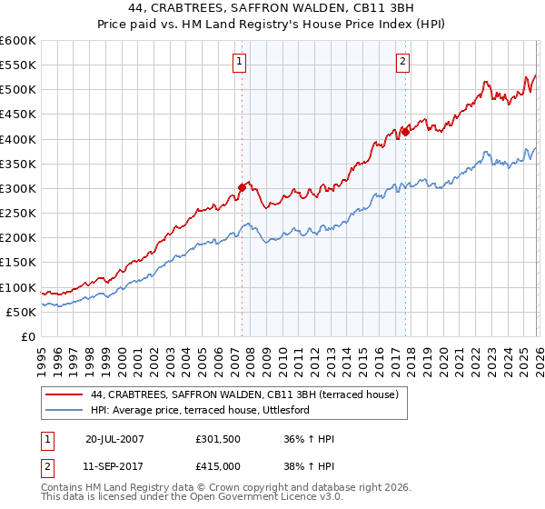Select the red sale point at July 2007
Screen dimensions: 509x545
tap(242, 187)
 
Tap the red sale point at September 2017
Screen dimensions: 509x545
tap(405, 132)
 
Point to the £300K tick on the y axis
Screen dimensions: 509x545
tap(18, 188)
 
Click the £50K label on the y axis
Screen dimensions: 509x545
tap(22, 312)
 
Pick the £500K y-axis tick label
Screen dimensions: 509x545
tap(18, 89)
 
